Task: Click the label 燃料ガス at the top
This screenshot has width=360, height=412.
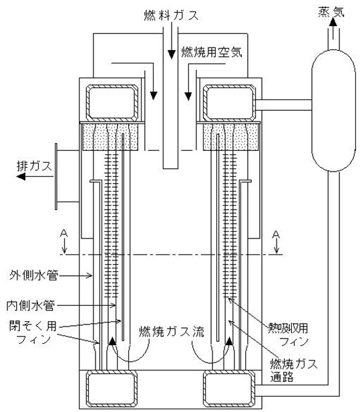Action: [171, 15]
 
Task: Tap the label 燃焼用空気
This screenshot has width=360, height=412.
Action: [212, 52]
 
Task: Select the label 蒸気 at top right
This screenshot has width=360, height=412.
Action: [331, 11]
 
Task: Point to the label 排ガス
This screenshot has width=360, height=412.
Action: [34, 166]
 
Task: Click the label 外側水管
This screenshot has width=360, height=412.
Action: [34, 275]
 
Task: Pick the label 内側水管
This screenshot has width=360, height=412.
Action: [31, 306]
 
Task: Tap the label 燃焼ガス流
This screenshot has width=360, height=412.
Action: [172, 332]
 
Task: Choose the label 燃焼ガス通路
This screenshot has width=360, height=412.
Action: [294, 370]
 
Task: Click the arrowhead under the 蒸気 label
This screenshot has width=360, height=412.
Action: [333, 22]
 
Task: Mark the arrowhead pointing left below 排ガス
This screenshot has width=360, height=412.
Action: [21, 176]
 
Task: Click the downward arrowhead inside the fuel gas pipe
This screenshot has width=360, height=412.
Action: [172, 55]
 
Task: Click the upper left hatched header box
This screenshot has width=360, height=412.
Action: [112, 103]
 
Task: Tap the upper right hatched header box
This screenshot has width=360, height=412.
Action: [229, 103]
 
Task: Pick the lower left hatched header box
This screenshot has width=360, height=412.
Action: [112, 389]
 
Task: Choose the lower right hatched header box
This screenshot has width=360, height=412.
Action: [229, 389]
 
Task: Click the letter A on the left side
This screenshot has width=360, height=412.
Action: [64, 233]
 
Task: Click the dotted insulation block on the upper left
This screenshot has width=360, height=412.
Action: [111, 137]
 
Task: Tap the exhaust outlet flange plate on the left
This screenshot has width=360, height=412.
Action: [56, 176]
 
